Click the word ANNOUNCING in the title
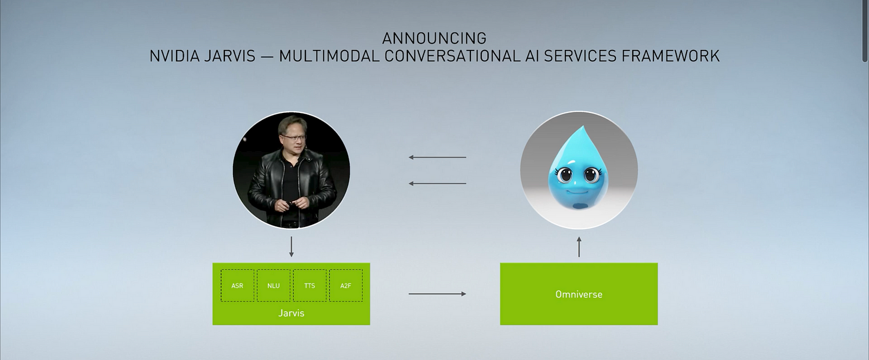434,39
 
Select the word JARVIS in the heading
229,56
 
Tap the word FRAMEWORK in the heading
671,56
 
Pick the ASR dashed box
237,286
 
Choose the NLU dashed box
274,286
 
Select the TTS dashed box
310,286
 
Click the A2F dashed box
345,286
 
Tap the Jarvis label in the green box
291,313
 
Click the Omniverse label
579,294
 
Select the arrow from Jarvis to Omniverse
437,294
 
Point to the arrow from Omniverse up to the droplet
579,247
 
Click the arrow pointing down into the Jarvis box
291,247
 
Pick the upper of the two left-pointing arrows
437,157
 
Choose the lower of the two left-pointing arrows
437,184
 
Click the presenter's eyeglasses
294,137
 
